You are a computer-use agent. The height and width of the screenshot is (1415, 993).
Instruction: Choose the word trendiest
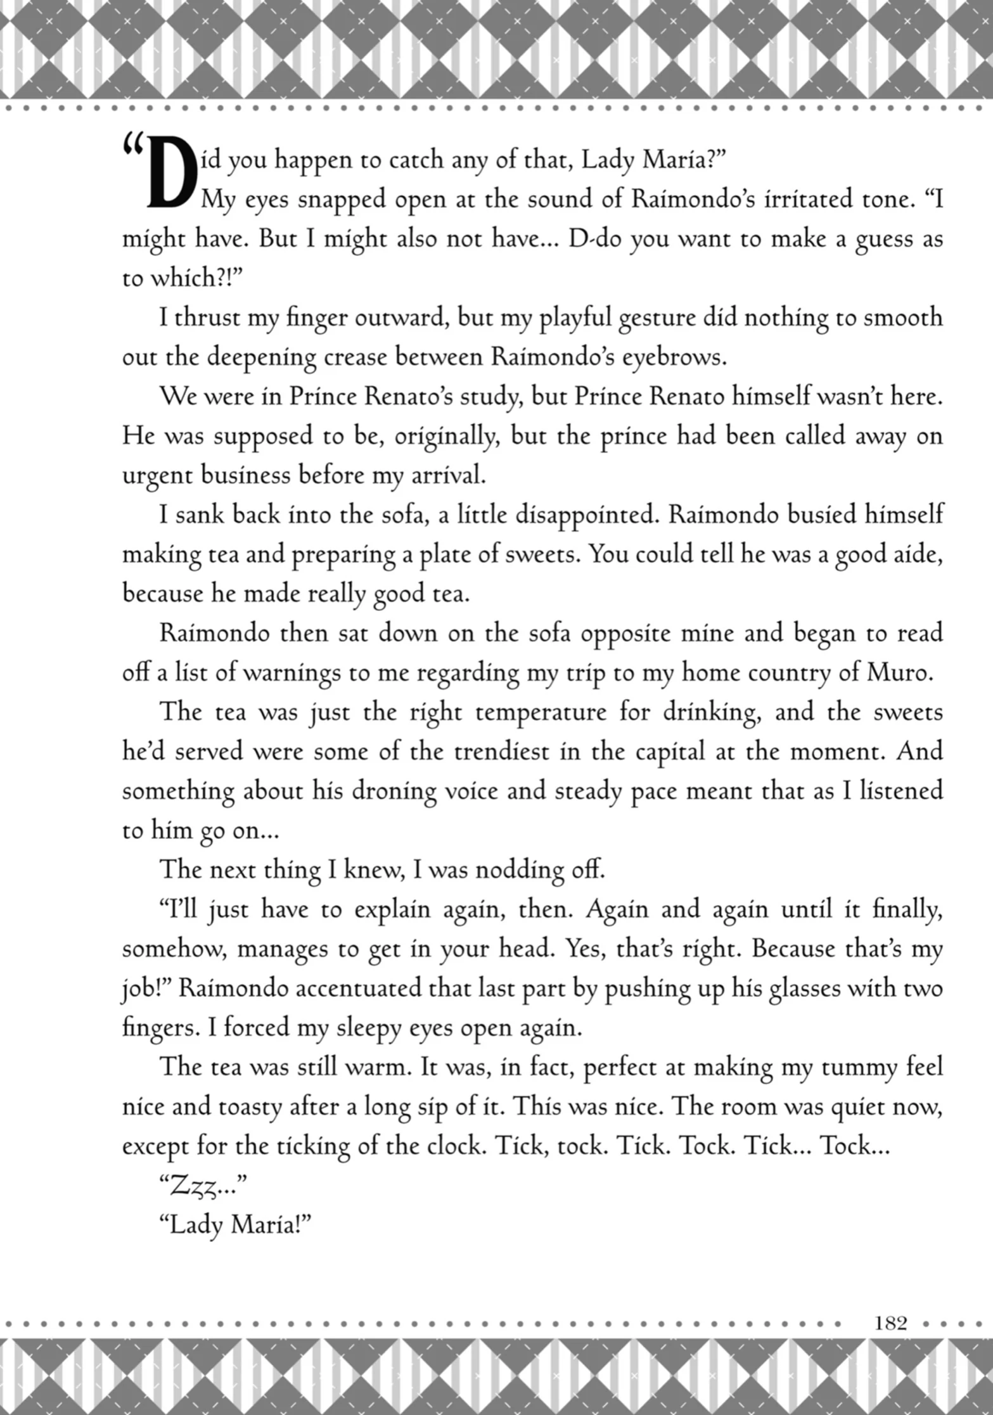tap(504, 752)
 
